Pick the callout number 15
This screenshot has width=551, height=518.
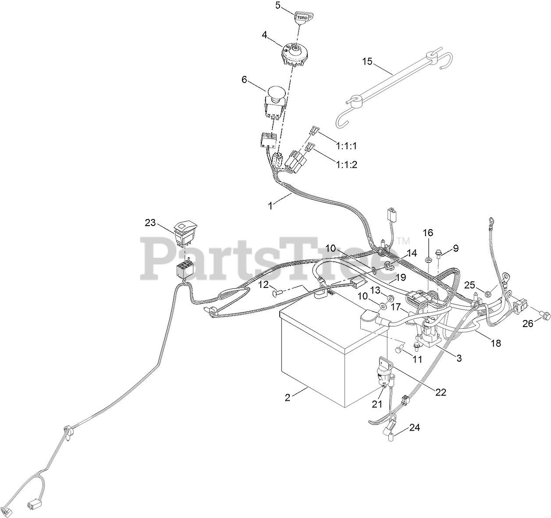pyautogui.click(x=367, y=61)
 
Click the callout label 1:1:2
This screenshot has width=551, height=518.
pyautogui.click(x=347, y=165)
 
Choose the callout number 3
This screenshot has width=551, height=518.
pyautogui.click(x=459, y=358)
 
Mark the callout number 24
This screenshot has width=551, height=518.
pyautogui.click(x=415, y=427)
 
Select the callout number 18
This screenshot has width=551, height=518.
pyautogui.click(x=496, y=344)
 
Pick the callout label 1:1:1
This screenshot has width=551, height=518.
pyautogui.click(x=346, y=145)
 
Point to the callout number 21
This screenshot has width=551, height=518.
pyautogui.click(x=377, y=404)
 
